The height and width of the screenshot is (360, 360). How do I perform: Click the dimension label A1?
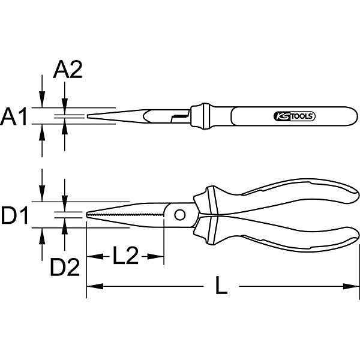(14, 116)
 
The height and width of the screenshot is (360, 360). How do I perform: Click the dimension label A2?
(68, 70)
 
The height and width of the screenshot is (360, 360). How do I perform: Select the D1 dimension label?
(14, 215)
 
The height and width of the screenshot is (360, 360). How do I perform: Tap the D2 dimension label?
(65, 267)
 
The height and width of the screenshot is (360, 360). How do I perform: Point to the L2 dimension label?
(125, 256)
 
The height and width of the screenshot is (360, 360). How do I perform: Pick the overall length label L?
(221, 286)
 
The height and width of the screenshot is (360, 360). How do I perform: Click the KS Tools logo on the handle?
(295, 116)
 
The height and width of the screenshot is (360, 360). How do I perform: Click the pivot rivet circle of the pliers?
(180, 215)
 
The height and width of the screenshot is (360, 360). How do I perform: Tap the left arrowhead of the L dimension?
(95, 286)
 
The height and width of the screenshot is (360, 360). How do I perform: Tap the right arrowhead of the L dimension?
(350, 286)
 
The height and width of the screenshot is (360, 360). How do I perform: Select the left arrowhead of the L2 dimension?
(95, 256)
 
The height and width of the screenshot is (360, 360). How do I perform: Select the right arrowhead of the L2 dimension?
(155, 256)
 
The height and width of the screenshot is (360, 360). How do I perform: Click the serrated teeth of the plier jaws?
(125, 215)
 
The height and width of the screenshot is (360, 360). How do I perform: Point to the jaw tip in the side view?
(86, 215)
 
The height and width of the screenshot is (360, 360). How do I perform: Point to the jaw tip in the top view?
(88, 116)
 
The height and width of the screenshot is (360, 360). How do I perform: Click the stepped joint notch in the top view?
(180, 116)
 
